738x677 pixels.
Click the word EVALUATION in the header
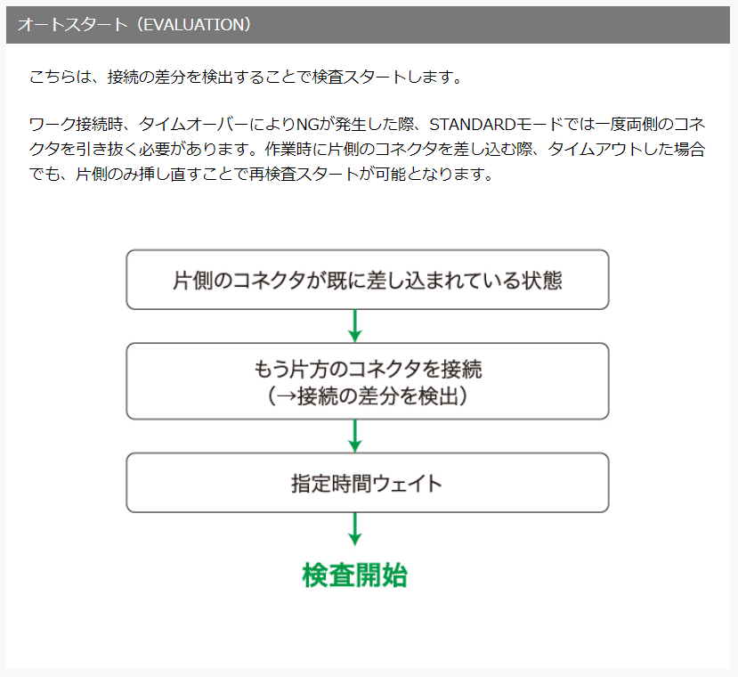[x=197, y=25]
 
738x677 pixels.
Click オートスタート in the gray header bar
[x=72, y=25]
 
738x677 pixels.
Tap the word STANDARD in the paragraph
[x=473, y=125]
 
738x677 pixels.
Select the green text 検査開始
[x=355, y=575]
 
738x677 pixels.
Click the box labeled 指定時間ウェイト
[x=368, y=483]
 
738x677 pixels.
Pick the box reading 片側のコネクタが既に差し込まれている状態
[x=368, y=280]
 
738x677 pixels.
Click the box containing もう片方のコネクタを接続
[x=368, y=381]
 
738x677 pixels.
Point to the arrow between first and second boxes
[x=355, y=326]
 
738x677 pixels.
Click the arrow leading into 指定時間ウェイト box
[x=355, y=436]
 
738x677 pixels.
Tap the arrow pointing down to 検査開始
[x=355, y=529]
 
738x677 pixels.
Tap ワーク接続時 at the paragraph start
[x=76, y=125]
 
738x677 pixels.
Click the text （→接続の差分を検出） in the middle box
[x=368, y=396]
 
